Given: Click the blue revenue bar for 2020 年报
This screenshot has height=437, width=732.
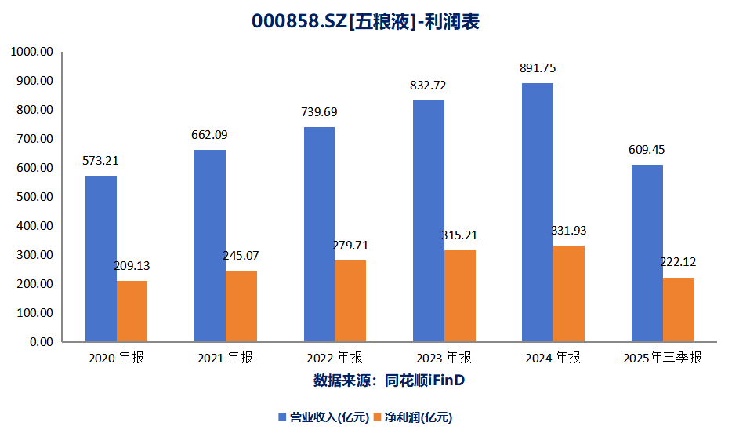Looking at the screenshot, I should [101, 259].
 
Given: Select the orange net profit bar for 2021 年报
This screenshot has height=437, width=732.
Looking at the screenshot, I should [241, 306].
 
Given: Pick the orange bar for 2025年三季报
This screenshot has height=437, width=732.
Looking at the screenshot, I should [678, 310].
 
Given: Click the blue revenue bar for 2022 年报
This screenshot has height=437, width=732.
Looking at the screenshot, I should [319, 235].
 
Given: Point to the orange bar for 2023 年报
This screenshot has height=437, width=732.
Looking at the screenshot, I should [460, 296].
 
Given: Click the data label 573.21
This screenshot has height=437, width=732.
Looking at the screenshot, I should [101, 161].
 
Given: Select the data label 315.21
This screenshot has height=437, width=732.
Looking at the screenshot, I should [460, 235].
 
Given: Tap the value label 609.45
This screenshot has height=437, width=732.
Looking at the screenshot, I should [647, 150].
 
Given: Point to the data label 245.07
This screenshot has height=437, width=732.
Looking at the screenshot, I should [242, 256].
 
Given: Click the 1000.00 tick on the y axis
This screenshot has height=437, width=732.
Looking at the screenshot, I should [31, 52].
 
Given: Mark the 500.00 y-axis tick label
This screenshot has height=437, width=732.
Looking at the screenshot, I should [34, 197].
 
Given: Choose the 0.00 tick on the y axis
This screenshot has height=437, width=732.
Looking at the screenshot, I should [40, 342].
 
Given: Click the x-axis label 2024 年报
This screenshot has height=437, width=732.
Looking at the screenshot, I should [553, 359].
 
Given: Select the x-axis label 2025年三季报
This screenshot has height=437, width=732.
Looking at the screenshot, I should [662, 359].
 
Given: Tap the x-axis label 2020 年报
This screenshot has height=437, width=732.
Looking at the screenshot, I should [117, 359].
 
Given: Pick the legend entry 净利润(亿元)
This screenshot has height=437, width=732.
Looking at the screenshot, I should [416, 417].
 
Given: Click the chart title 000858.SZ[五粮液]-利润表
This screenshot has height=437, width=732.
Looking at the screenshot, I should [365, 22].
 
